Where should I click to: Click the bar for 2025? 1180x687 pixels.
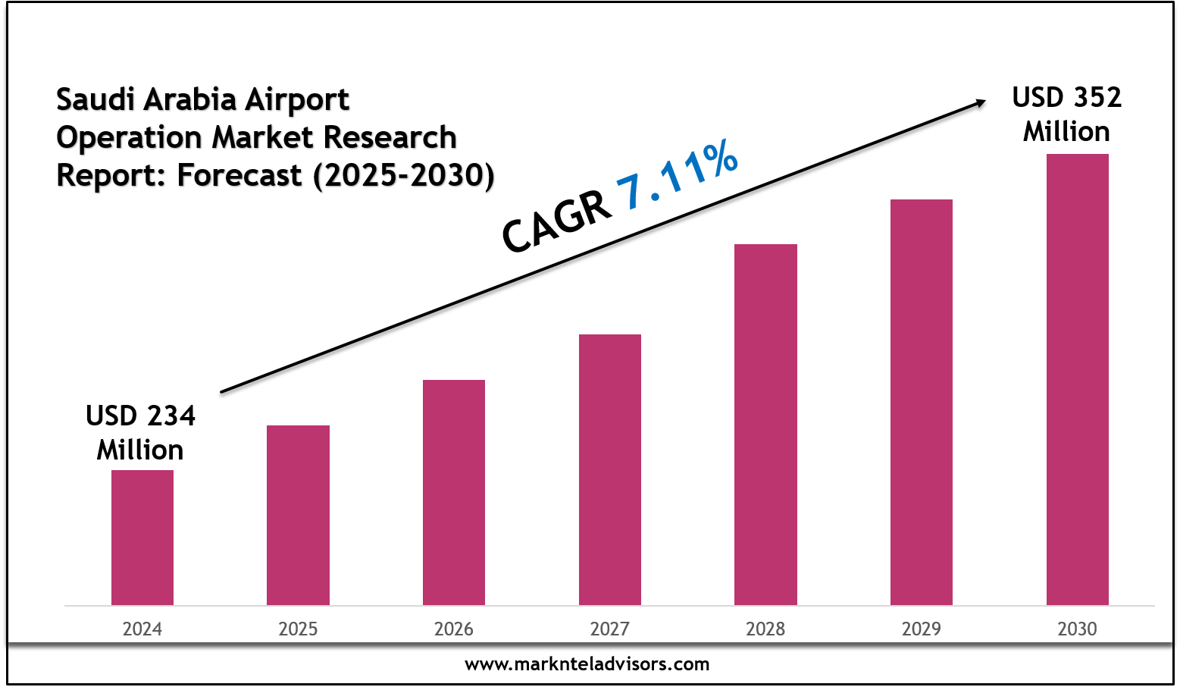click(298, 515)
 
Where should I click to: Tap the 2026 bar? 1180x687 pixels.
click(454, 492)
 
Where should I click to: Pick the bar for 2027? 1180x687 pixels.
click(610, 469)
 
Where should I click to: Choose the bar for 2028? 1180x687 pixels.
click(765, 425)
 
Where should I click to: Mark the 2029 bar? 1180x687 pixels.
click(922, 402)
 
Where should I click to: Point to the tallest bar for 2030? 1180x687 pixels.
click(1077, 379)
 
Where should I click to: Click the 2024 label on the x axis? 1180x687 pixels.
click(142, 629)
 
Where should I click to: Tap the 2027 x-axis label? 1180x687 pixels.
click(610, 629)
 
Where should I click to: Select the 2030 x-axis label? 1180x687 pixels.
click(1077, 629)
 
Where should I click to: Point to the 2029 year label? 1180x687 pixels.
click(922, 629)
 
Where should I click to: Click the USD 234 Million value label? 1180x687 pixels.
click(140, 432)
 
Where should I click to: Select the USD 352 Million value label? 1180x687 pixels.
click(1066, 114)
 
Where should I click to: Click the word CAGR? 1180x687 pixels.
click(557, 222)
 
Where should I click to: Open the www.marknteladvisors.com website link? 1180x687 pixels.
click(587, 664)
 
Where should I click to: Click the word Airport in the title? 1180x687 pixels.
click(296, 99)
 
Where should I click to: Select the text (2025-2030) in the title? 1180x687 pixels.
click(403, 175)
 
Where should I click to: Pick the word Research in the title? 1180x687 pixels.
click(390, 137)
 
